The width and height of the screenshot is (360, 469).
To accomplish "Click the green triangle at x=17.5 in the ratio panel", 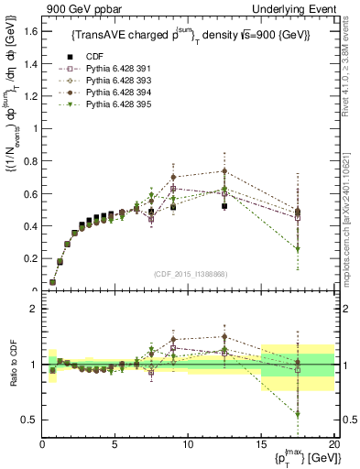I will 297,414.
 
